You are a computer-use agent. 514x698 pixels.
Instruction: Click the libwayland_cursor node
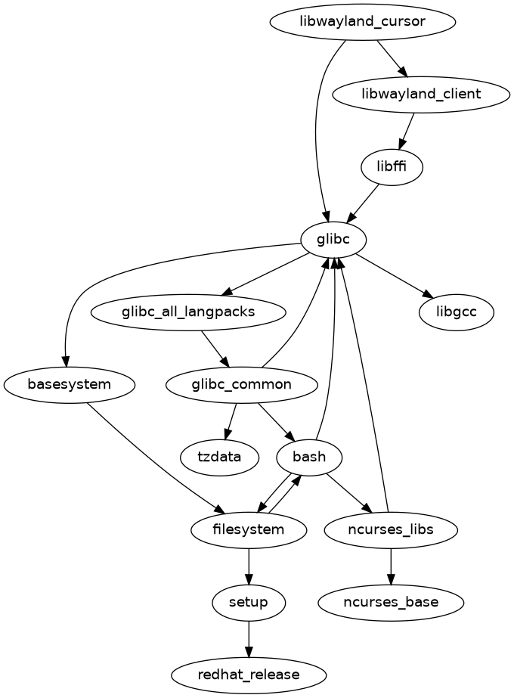point(362,21)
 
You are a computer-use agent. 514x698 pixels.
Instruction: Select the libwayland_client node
point(422,94)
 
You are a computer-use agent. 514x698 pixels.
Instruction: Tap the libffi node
point(392,166)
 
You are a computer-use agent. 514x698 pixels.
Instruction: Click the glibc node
point(333,240)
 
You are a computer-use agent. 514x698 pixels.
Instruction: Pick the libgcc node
point(456,312)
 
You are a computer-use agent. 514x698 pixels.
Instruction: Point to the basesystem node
point(70,384)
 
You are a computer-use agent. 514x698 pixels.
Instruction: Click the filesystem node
point(249,529)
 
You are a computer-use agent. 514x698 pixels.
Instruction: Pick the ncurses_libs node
point(390,529)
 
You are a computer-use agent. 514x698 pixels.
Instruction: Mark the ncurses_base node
point(390,602)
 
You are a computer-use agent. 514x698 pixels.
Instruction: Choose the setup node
point(249,602)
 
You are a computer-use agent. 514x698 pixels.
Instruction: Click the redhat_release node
point(249,674)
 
